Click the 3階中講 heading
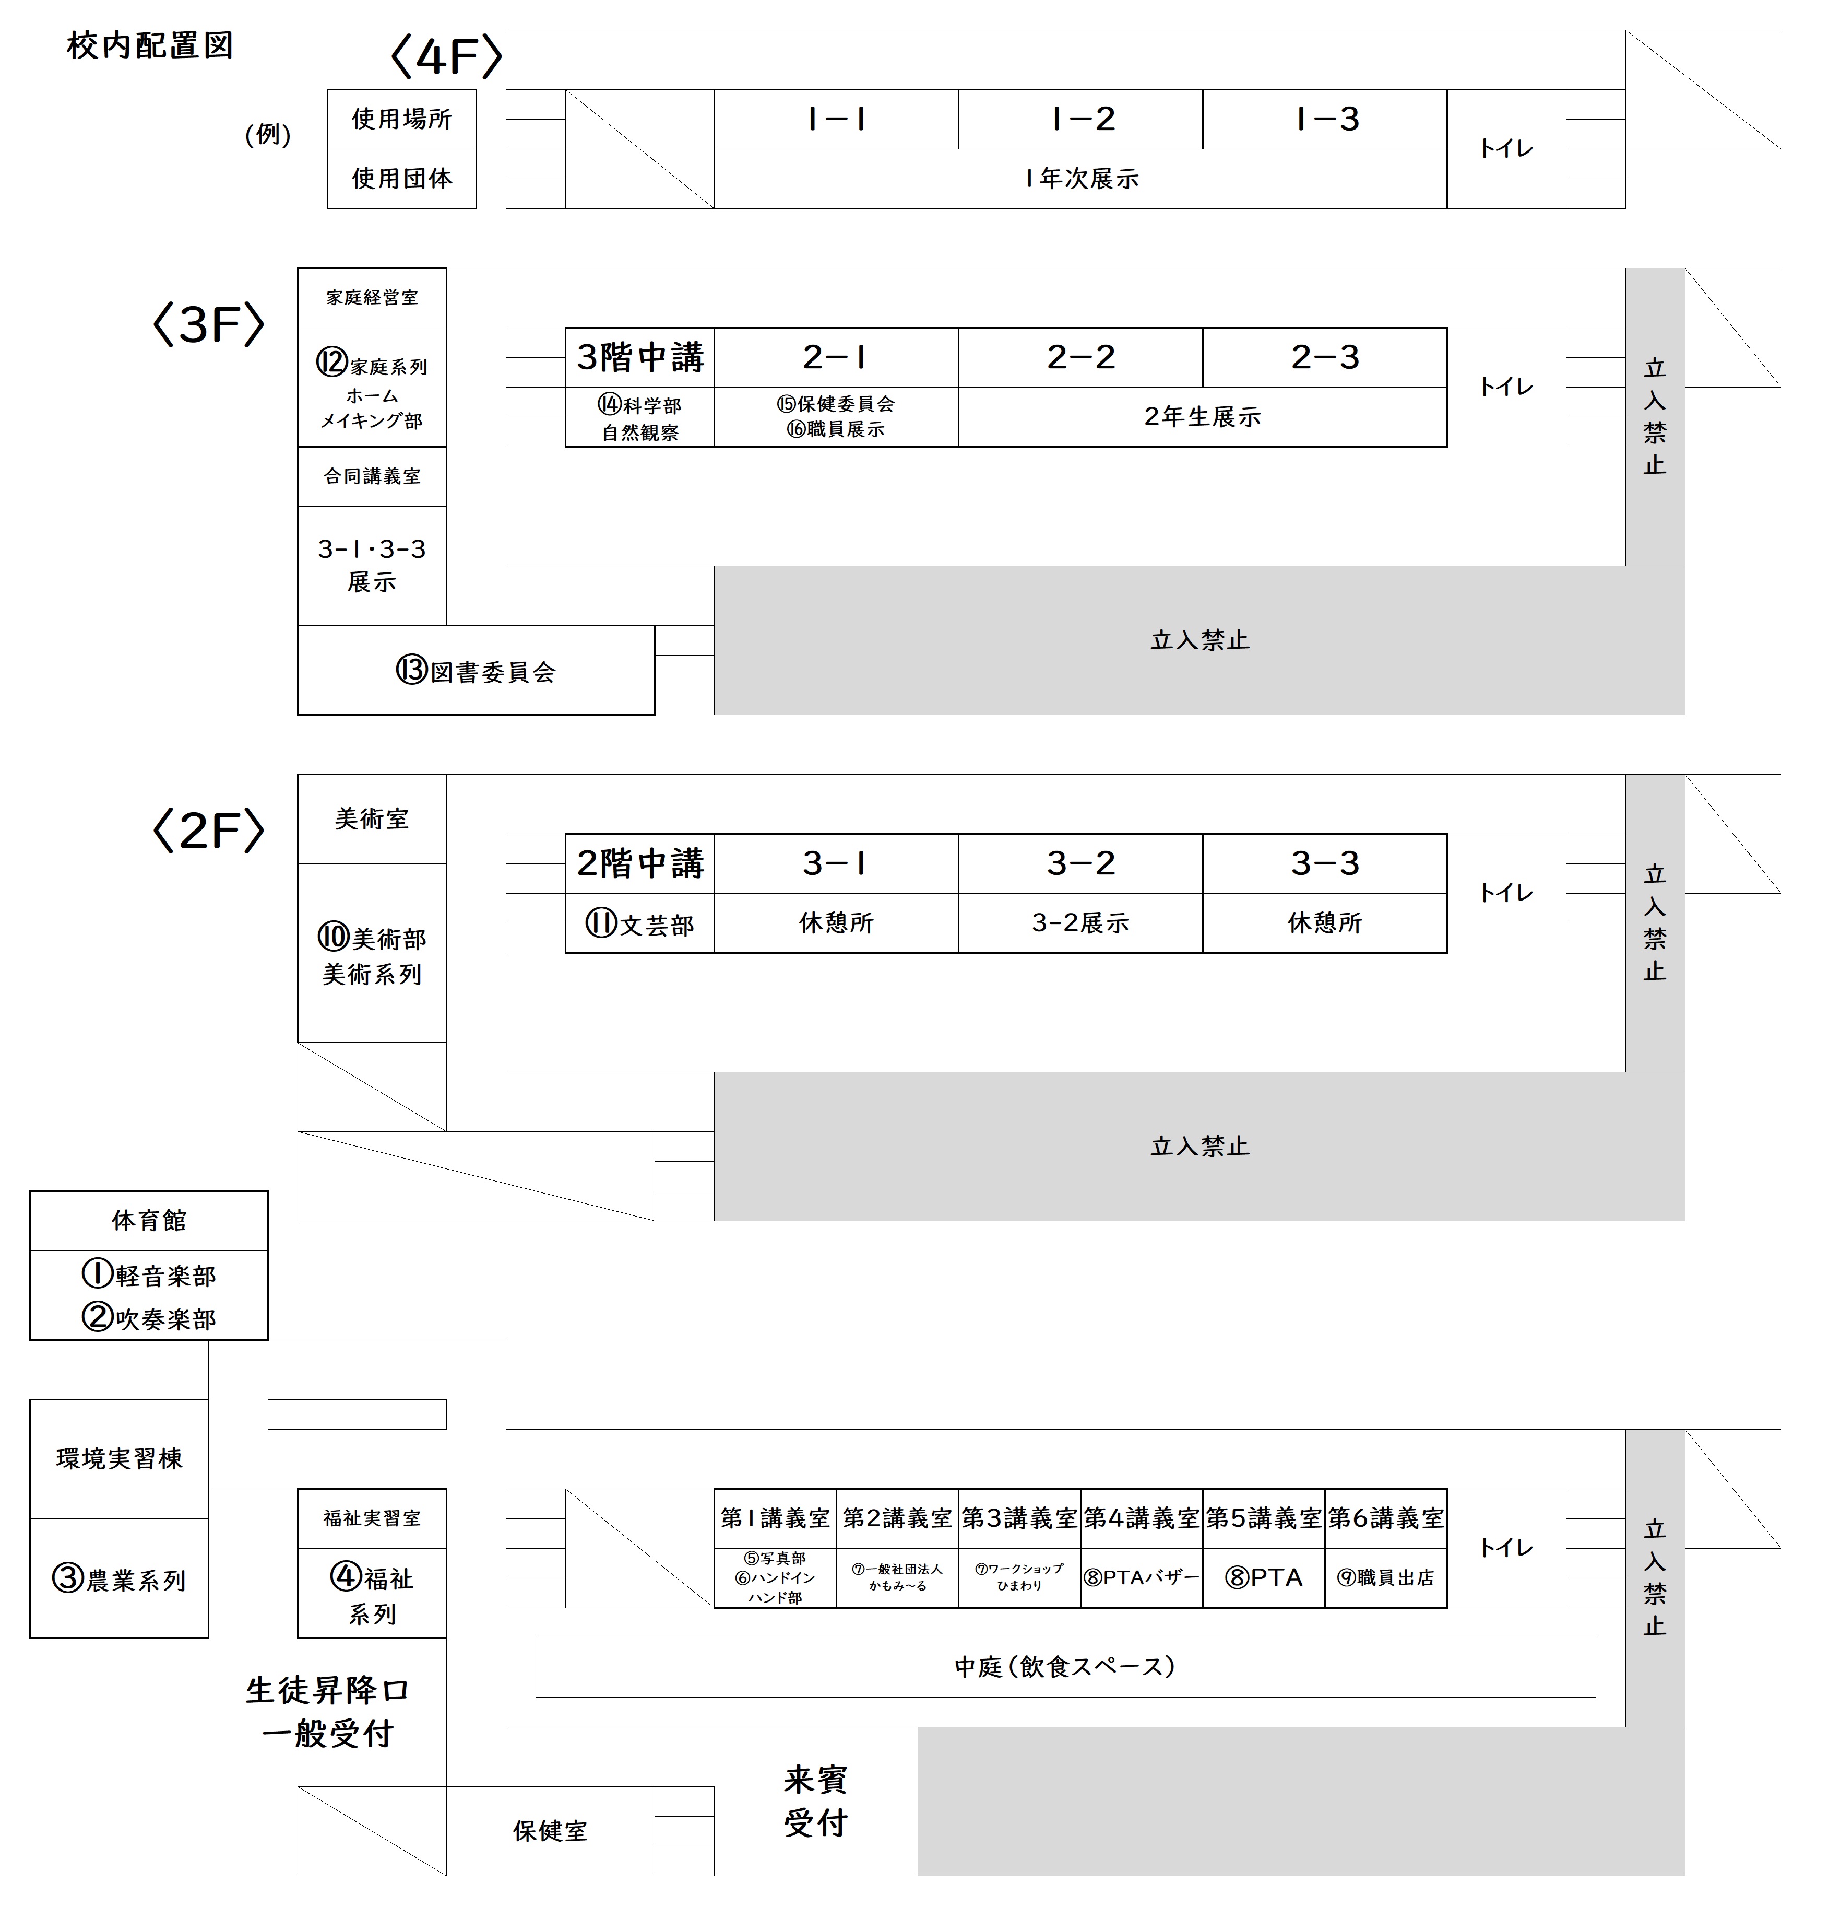639,357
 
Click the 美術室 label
371,819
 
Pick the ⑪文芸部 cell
639,923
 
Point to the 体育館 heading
149,1220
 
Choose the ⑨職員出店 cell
1385,1577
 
